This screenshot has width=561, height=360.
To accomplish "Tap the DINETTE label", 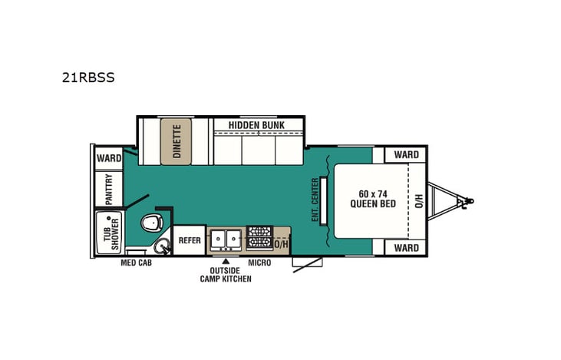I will click(176, 140).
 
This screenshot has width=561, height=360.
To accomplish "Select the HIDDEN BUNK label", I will click(256, 124).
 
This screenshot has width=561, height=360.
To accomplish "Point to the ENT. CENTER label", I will click(315, 200).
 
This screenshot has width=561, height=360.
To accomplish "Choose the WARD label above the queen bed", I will click(406, 155).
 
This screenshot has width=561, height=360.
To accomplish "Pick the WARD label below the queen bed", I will click(406, 248).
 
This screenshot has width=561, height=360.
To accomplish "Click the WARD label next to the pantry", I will click(109, 158).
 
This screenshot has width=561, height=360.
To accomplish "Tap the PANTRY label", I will click(109, 189).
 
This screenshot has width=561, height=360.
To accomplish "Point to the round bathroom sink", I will click(162, 246).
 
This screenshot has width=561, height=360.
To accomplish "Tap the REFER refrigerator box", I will click(190, 240).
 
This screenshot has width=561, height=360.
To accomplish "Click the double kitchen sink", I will click(225, 239).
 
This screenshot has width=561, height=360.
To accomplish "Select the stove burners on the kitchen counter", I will click(259, 238).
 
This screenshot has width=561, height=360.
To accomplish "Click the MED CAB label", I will click(136, 263).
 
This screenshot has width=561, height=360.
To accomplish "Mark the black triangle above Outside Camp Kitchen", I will click(226, 262).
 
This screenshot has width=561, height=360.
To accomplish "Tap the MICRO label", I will click(259, 263).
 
